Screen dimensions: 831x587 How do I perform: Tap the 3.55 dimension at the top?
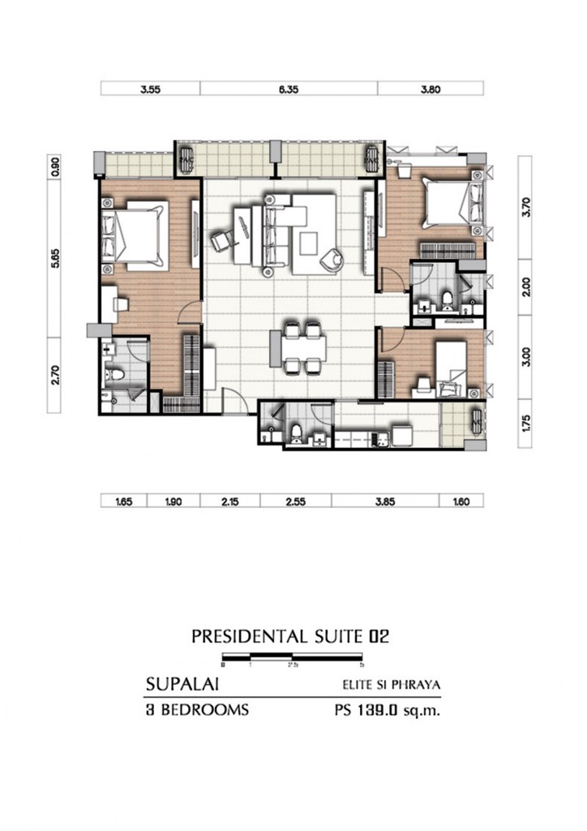click(x=149, y=90)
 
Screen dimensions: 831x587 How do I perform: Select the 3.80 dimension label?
click(x=431, y=90)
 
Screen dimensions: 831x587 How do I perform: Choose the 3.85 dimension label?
click(x=385, y=502)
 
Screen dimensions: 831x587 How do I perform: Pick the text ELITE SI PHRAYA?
click(x=391, y=685)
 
